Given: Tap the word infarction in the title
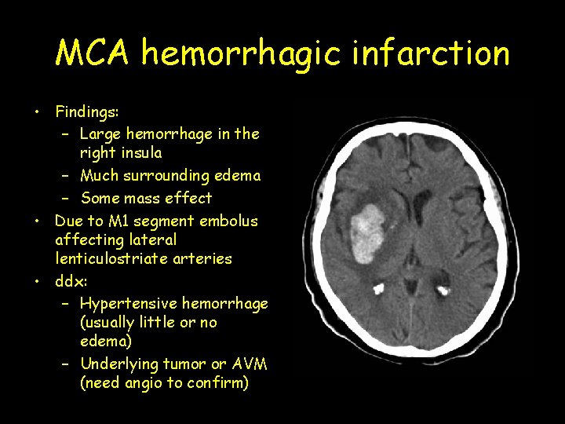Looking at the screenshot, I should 441,53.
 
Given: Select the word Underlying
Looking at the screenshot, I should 119,364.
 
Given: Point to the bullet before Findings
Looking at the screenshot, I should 38,113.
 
